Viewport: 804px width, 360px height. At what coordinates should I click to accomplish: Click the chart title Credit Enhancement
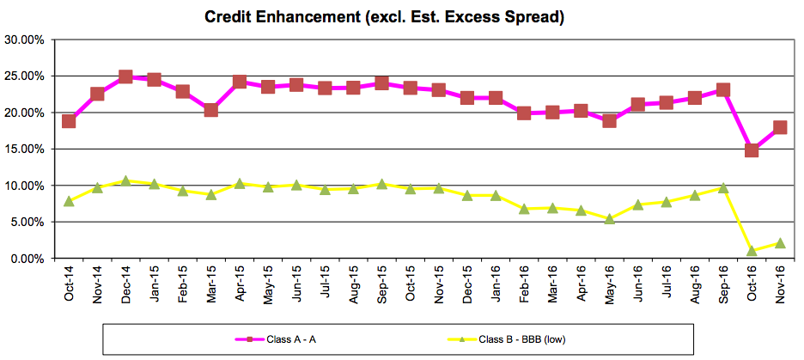coord(384,16)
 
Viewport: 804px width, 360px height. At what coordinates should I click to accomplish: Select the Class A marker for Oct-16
coord(752,150)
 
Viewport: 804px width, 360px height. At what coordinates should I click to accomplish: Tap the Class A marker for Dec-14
coord(125,76)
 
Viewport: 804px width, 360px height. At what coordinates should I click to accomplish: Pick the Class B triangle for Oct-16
coord(752,250)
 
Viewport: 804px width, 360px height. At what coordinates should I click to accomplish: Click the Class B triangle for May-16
coord(609,218)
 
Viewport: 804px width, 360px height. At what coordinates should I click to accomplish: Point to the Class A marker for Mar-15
coord(210,110)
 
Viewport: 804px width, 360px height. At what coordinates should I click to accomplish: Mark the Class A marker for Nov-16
coord(780,127)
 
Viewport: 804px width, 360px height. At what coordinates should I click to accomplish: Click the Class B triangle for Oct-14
coord(69,201)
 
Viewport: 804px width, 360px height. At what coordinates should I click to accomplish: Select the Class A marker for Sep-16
coord(723,89)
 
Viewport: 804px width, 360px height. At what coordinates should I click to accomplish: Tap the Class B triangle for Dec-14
coord(125,180)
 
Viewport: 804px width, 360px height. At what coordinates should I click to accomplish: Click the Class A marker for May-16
coord(609,120)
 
